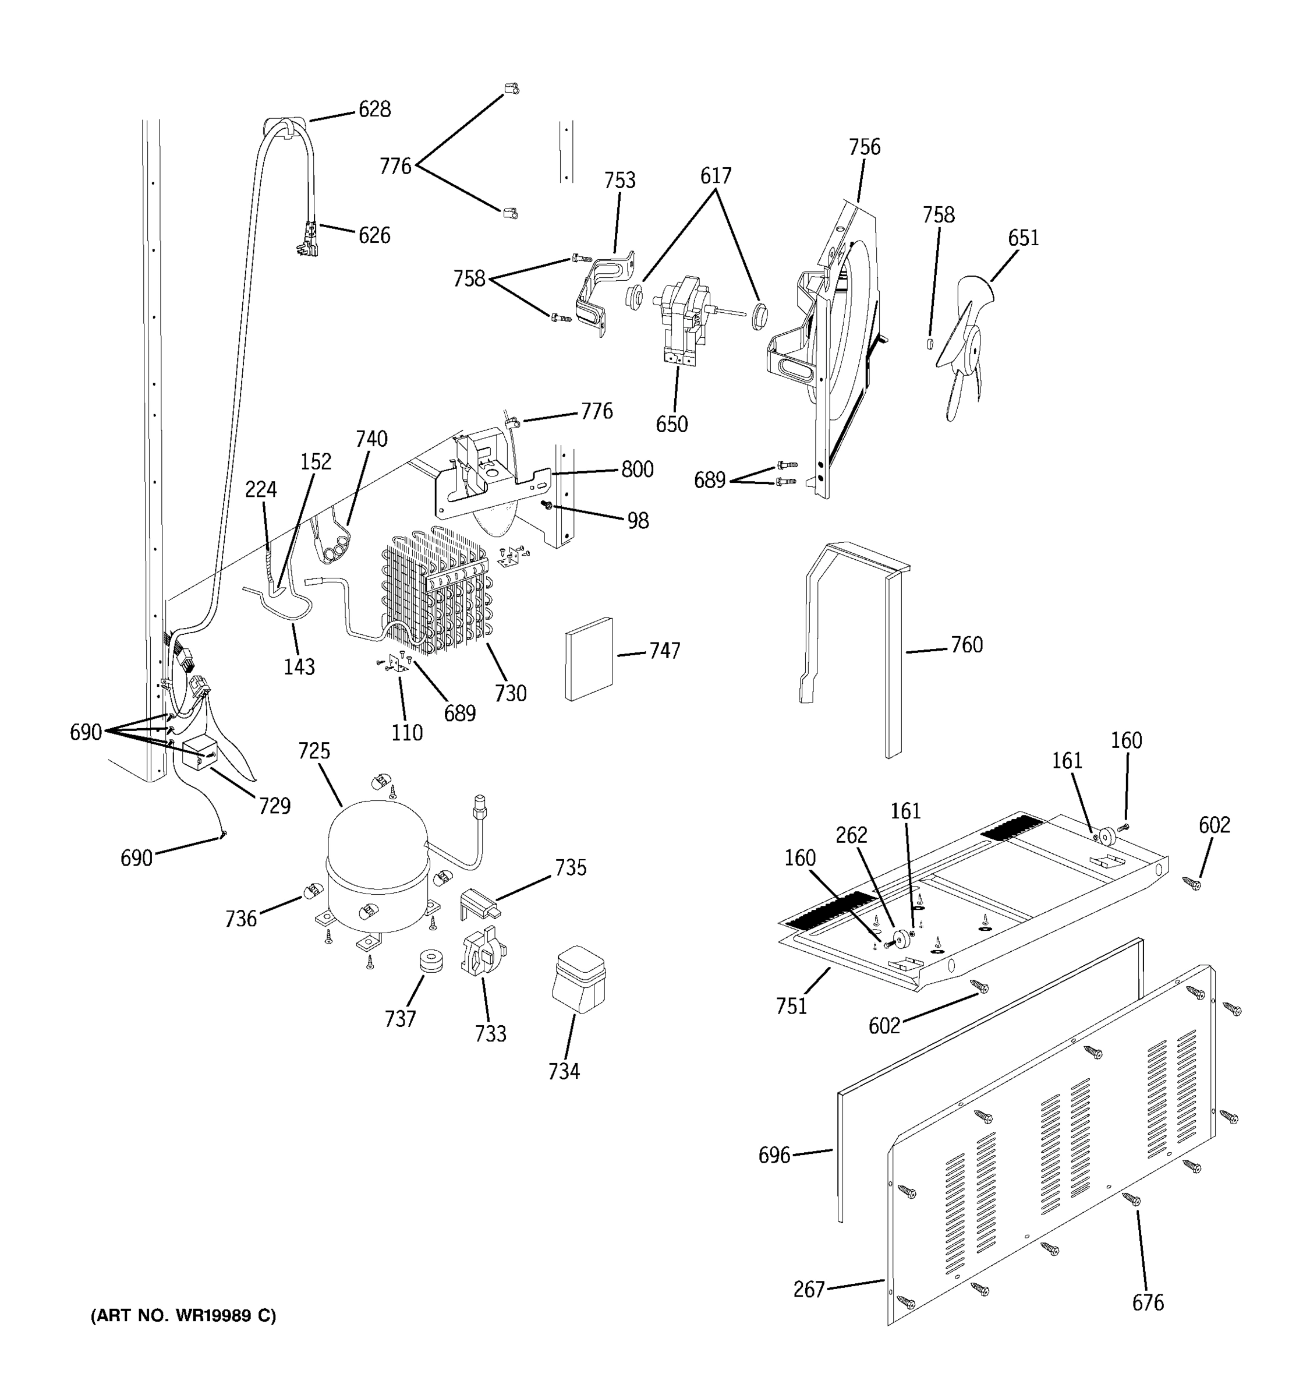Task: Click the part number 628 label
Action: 374,110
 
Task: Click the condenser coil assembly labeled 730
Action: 436,598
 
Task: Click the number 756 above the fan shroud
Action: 864,147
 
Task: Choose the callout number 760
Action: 966,645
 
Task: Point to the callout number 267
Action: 808,1289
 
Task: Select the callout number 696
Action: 774,1155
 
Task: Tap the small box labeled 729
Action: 199,753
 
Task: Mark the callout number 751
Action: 791,1007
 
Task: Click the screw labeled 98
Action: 546,505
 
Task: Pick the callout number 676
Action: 1148,1302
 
